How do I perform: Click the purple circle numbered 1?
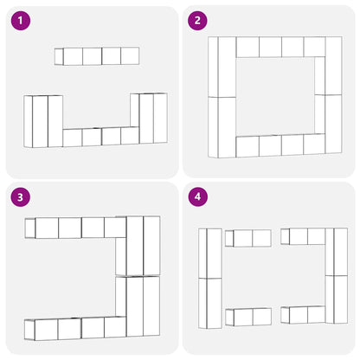click(21, 21)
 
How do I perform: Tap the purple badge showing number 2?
click(197, 21)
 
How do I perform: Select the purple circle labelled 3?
click(21, 197)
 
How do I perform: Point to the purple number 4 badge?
click(197, 197)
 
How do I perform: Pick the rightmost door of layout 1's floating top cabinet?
click(130, 56)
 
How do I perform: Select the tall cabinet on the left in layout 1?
click(43, 121)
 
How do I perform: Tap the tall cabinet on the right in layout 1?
click(149, 119)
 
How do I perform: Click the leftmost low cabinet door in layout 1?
click(73, 138)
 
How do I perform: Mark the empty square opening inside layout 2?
click(275, 96)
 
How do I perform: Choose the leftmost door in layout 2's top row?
click(247, 47)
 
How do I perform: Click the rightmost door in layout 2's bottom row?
click(314, 144)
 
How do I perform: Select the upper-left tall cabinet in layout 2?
click(222, 67)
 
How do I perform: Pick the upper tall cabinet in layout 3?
click(138, 246)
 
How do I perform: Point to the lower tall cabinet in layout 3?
click(138, 306)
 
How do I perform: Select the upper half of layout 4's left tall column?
click(210, 254)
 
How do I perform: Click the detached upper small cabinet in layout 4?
click(248, 238)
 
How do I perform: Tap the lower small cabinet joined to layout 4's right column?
click(303, 315)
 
